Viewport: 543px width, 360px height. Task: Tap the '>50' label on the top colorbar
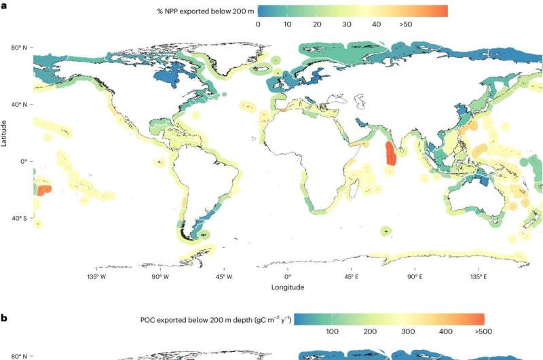(406, 24)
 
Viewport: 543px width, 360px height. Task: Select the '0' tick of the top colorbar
(258, 24)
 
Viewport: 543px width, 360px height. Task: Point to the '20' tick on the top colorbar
(317, 24)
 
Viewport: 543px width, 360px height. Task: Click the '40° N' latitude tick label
(19, 105)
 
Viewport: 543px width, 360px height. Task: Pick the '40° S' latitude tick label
(19, 218)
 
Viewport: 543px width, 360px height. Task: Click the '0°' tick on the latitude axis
(23, 161)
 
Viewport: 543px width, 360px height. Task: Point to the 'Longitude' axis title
(288, 287)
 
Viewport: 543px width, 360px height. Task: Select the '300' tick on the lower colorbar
(407, 331)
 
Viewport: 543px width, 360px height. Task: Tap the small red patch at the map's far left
(43, 191)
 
